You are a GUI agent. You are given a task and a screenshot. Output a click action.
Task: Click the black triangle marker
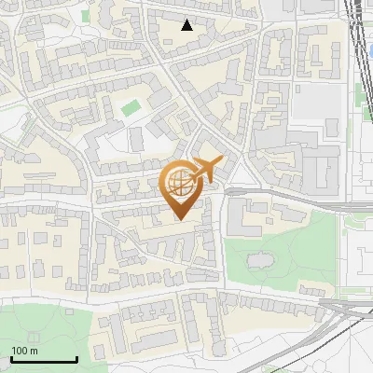[187, 25]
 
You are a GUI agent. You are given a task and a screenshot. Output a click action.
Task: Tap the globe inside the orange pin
[180, 184]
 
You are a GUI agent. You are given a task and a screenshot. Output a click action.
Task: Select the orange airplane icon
[207, 170]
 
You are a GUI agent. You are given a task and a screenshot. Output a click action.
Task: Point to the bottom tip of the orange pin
[180, 220]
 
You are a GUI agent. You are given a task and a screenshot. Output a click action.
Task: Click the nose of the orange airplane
[222, 160]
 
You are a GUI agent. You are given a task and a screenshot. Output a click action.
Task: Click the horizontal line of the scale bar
[44, 359]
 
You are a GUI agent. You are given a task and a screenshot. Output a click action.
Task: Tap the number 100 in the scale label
[20, 351]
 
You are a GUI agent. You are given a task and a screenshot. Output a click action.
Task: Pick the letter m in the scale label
[34, 351]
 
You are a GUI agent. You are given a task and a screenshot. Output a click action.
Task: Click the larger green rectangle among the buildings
[131, 107]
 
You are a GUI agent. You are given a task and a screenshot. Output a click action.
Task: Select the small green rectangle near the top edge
[85, 15]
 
